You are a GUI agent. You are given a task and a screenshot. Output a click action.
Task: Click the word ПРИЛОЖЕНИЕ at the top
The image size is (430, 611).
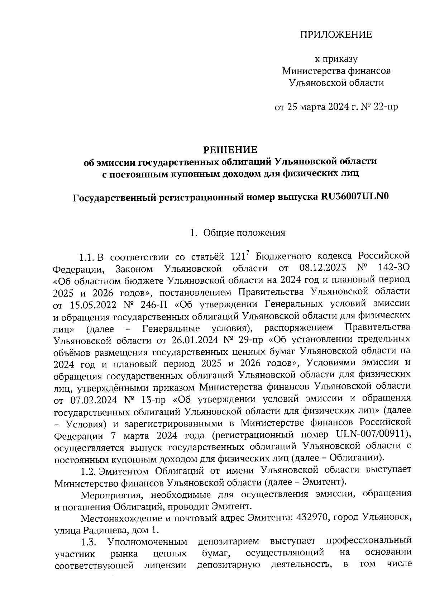tap(336, 35)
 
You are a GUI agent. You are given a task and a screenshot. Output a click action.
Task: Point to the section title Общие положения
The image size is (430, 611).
tap(244, 233)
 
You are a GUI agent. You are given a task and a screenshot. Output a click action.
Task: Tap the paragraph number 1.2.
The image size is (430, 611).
tap(88, 470)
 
